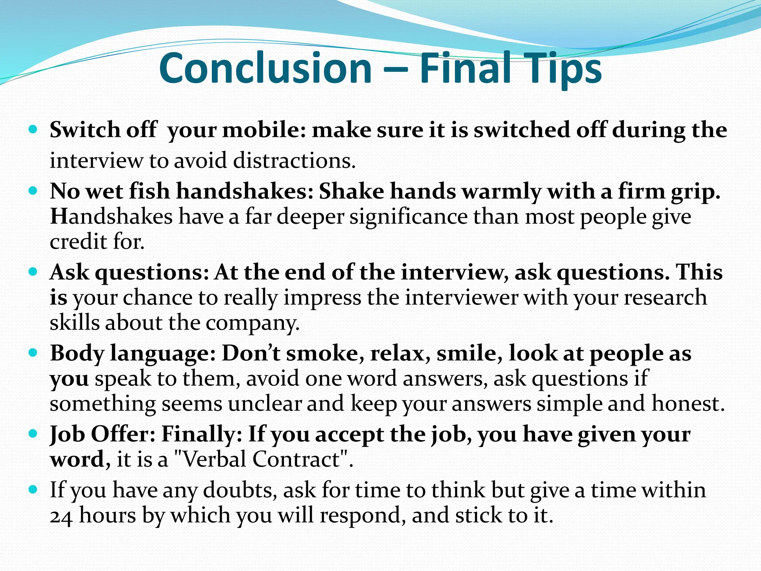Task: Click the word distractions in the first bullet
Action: coord(294,161)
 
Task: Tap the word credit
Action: coord(78,242)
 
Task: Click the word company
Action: coord(252,323)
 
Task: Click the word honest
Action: coord(688,404)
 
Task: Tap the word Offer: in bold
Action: coord(123,434)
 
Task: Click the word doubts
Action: coord(240,490)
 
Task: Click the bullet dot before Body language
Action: coord(33,353)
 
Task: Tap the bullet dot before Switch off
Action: coord(33,130)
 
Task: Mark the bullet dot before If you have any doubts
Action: coord(33,490)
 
